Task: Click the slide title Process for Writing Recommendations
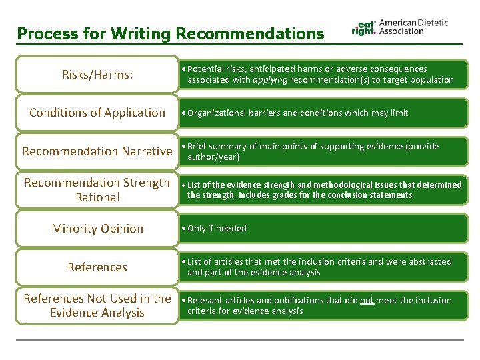click(171, 33)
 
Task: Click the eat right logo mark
click(364, 27)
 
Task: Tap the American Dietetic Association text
click(413, 27)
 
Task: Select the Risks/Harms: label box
click(97, 75)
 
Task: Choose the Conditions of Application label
click(97, 113)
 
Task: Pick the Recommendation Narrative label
click(97, 151)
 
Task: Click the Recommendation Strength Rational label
click(97, 189)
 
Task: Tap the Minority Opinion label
click(97, 228)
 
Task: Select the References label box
click(97, 267)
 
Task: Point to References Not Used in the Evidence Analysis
click(97, 305)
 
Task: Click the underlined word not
click(367, 300)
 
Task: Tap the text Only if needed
click(217, 228)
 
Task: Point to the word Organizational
click(217, 113)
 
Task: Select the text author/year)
click(213, 157)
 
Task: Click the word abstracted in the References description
click(429, 261)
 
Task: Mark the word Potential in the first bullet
click(206, 69)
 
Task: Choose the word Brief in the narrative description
click(198, 146)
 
